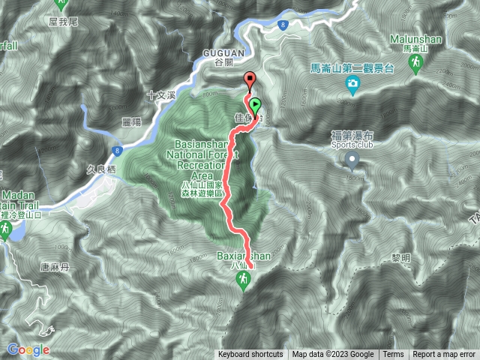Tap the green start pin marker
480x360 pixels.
pyautogui.click(x=255, y=106)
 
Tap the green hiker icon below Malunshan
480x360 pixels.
pyautogui.click(x=414, y=65)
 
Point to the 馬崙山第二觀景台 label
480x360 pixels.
pyautogui.click(x=352, y=68)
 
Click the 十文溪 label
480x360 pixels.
pyautogui.click(x=160, y=95)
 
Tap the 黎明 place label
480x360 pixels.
pyautogui.click(x=401, y=257)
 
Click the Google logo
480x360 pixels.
pyautogui.click(x=28, y=349)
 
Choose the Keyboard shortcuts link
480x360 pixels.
pyautogui.click(x=251, y=355)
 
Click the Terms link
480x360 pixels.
pyautogui.click(x=393, y=355)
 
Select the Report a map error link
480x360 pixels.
pyautogui.click(x=443, y=355)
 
